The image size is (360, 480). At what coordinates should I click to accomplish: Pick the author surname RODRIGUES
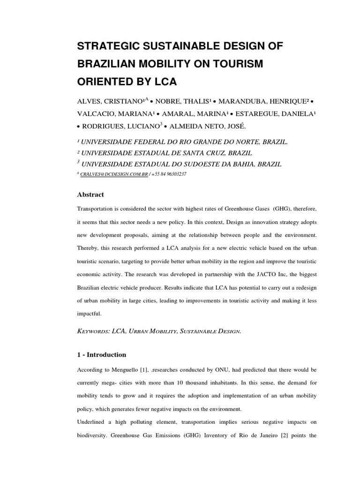point(104,126)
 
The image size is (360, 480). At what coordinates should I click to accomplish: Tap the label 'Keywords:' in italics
point(93,331)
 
